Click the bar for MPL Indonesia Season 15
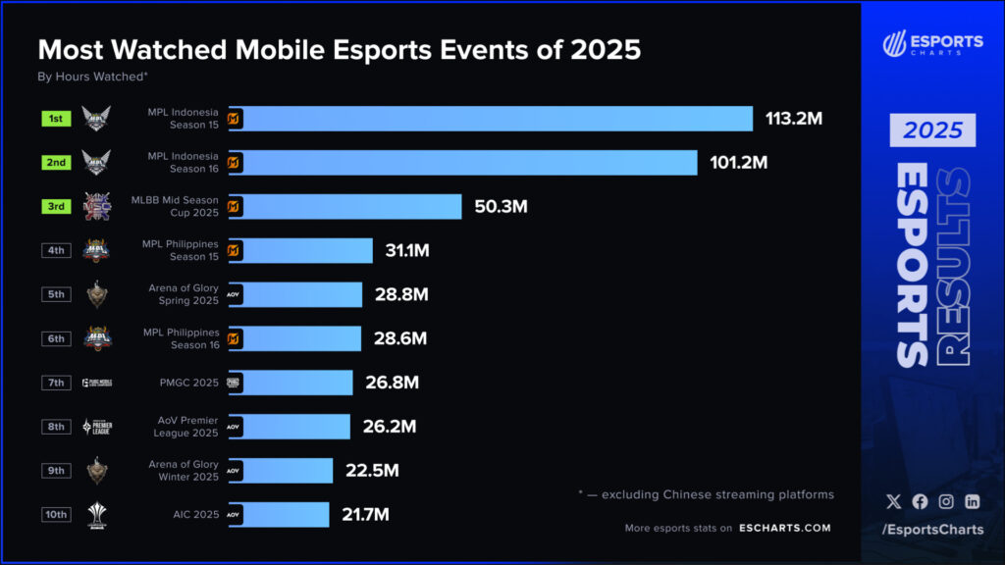coord(491,119)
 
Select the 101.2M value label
coord(739,163)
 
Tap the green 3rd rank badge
coord(56,207)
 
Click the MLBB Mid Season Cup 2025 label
coord(175,207)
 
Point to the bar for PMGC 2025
coord(291,383)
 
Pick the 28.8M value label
coord(401,294)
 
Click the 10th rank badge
coord(56,515)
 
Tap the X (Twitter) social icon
coord(893,501)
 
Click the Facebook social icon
coord(920,501)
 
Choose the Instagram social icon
coord(946,501)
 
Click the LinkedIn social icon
coord(972,501)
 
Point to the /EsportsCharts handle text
coord(931,531)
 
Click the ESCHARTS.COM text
coord(784,528)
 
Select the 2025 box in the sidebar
coord(932,130)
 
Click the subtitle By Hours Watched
coord(92,76)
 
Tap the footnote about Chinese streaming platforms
coord(706,494)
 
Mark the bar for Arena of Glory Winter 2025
coord(281,471)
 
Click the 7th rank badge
coord(56,383)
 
